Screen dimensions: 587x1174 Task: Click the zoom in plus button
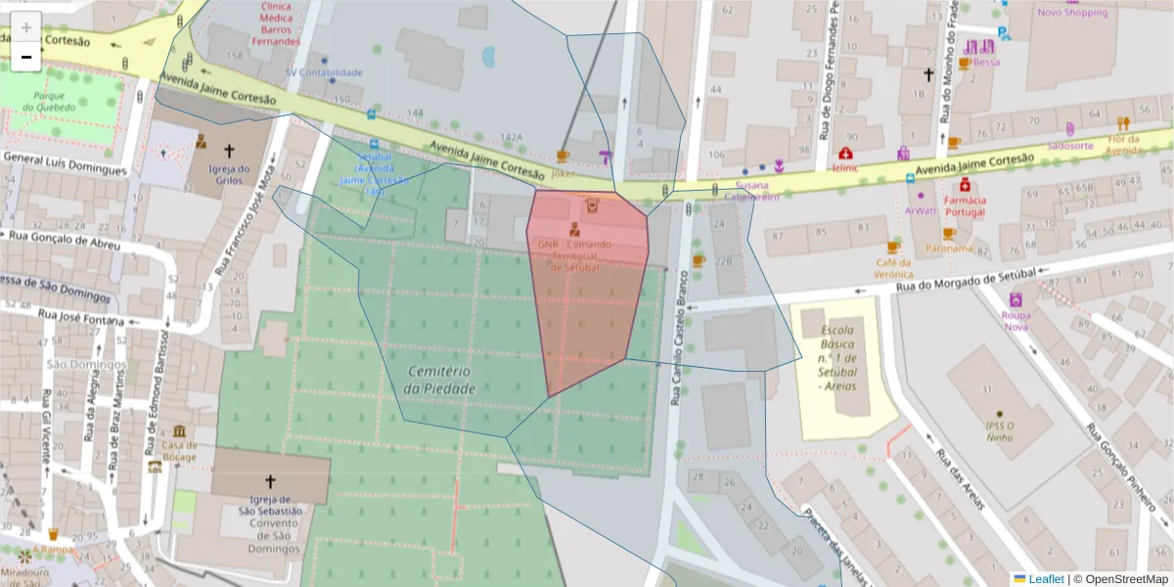click(x=26, y=26)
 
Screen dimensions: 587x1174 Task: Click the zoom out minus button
click(x=26, y=57)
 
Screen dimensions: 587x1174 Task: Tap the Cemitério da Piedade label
click(x=439, y=380)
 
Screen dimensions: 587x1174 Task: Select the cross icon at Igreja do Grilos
click(x=230, y=151)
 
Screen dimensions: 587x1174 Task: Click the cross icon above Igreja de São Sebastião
click(x=271, y=481)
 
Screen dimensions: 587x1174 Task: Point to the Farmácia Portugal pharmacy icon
click(x=965, y=184)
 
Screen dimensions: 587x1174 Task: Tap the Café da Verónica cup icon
click(x=892, y=248)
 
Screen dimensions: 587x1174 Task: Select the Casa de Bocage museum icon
click(x=180, y=431)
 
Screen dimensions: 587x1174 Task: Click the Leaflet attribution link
click(x=1045, y=579)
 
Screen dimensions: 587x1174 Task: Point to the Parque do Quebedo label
click(x=49, y=102)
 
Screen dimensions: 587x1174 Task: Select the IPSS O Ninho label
click(x=998, y=431)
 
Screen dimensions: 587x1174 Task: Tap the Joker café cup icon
click(x=563, y=157)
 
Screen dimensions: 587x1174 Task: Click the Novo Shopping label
click(x=1072, y=13)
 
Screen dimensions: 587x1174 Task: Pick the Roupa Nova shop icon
click(x=1016, y=299)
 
